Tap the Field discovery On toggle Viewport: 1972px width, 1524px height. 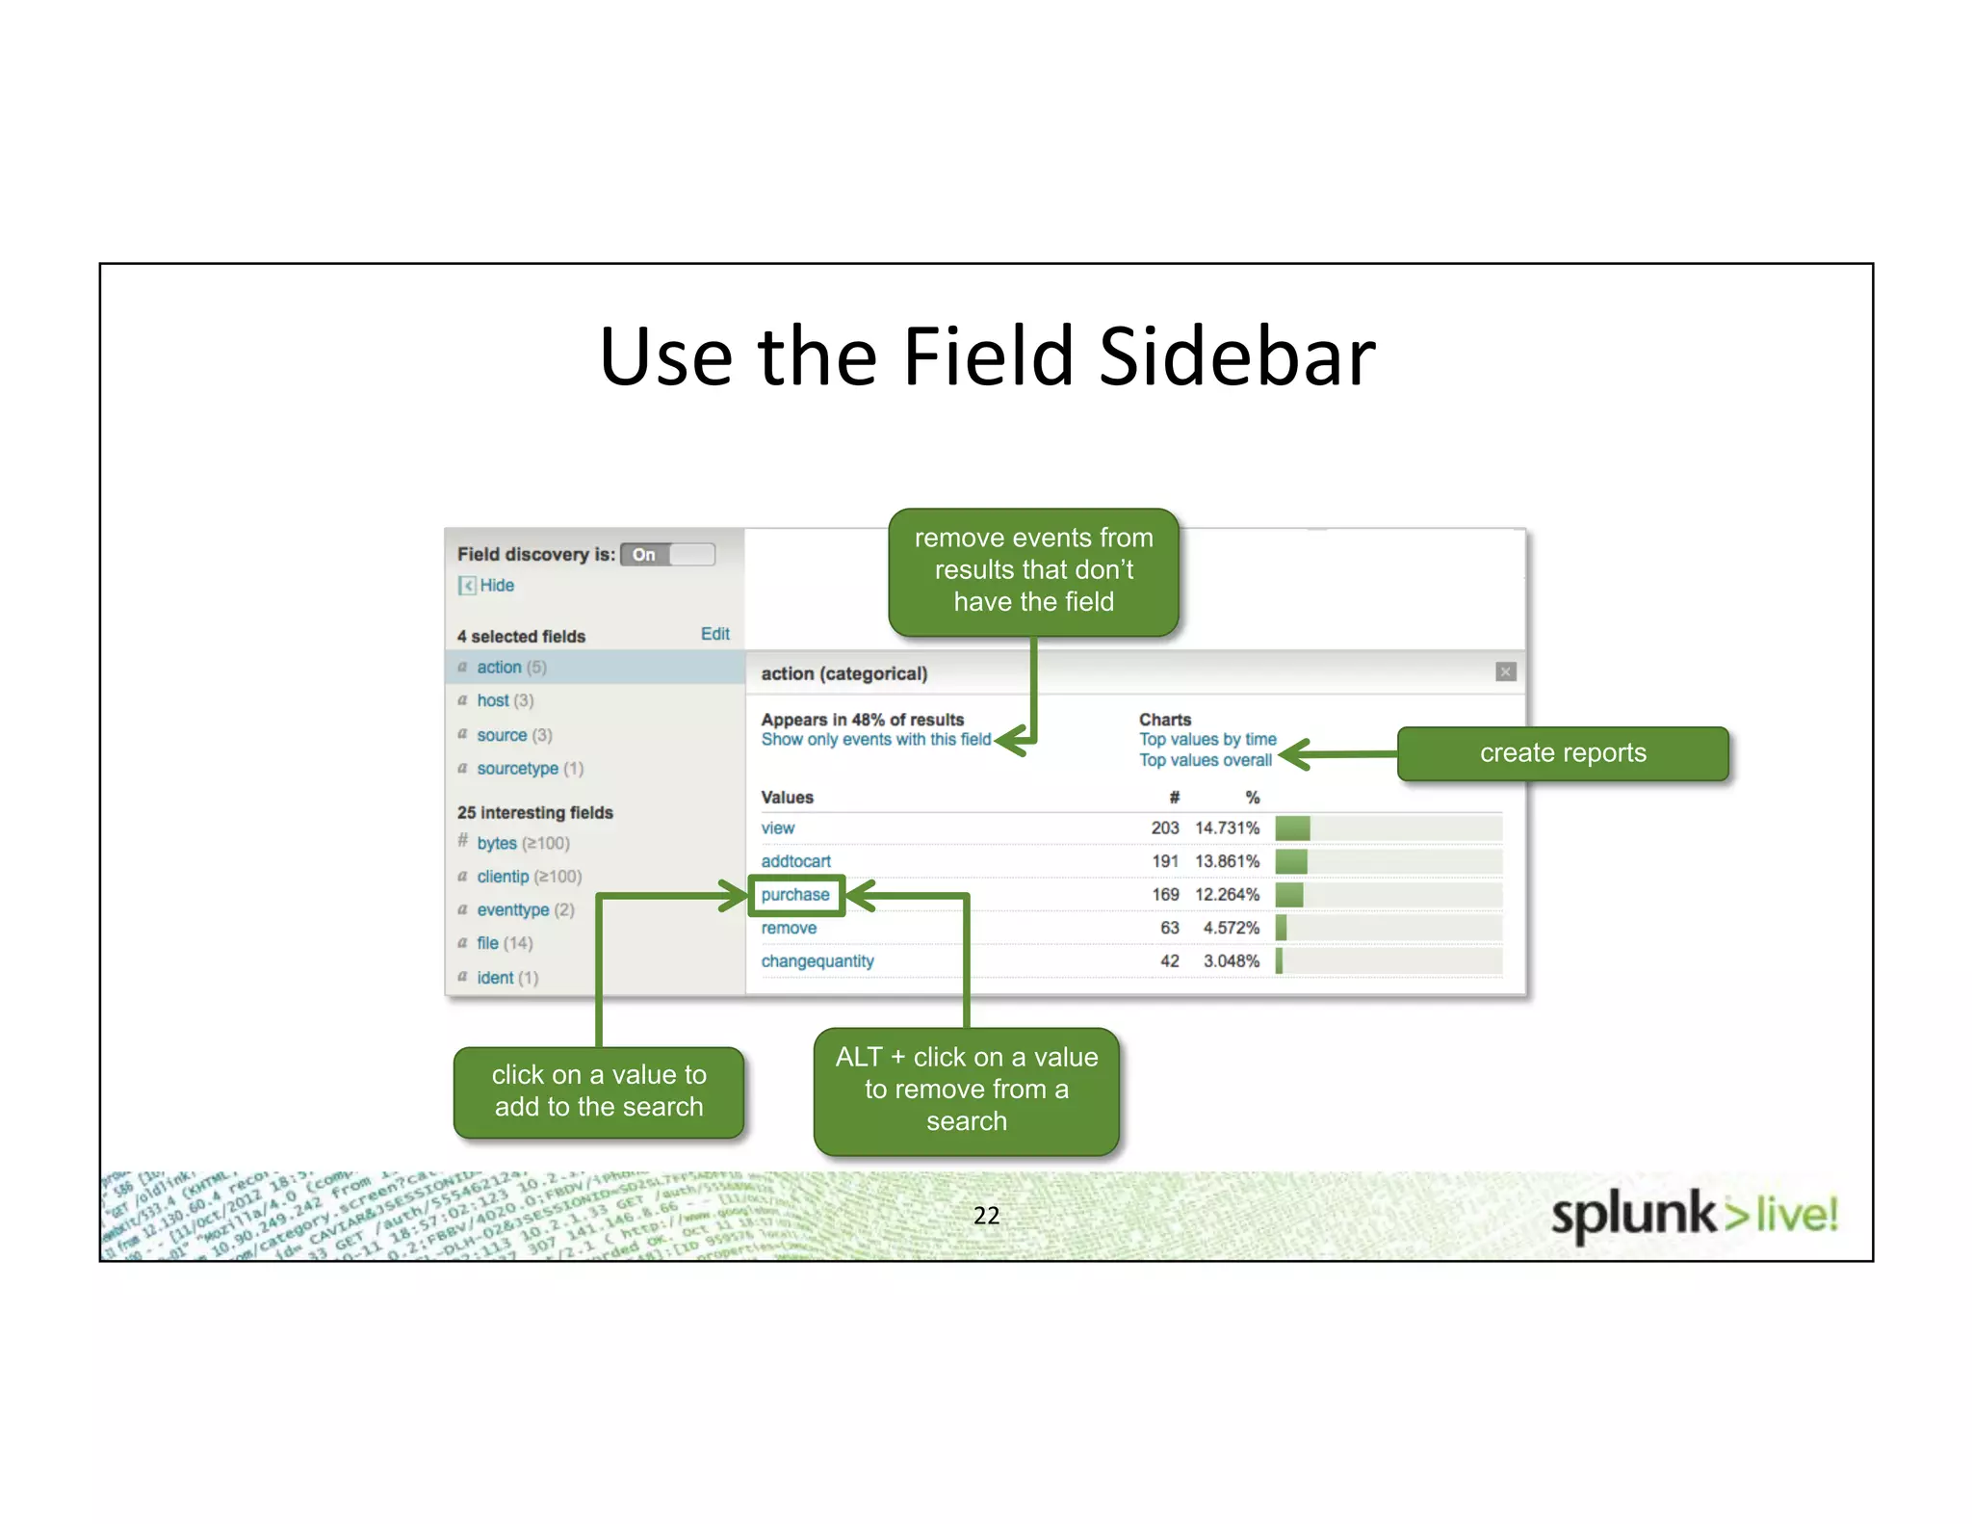[667, 554]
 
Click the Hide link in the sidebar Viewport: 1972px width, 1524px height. [496, 585]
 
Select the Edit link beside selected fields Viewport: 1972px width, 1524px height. [714, 634]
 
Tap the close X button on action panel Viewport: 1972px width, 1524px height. [1506, 671]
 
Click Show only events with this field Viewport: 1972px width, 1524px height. [875, 739]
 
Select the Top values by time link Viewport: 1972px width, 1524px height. [1207, 739]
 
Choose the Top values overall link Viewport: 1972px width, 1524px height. [1205, 760]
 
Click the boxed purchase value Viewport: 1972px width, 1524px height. [795, 895]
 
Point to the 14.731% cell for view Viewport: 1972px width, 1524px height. [1227, 828]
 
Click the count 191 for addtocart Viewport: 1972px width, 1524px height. [1165, 861]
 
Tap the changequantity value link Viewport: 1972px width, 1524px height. [817, 961]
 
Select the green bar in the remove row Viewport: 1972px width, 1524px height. [1281, 928]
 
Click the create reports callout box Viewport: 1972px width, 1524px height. [1562, 753]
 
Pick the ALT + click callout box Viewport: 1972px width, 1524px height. [966, 1090]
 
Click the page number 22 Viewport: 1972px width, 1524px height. [986, 1216]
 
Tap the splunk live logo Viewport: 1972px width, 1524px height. [1694, 1214]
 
